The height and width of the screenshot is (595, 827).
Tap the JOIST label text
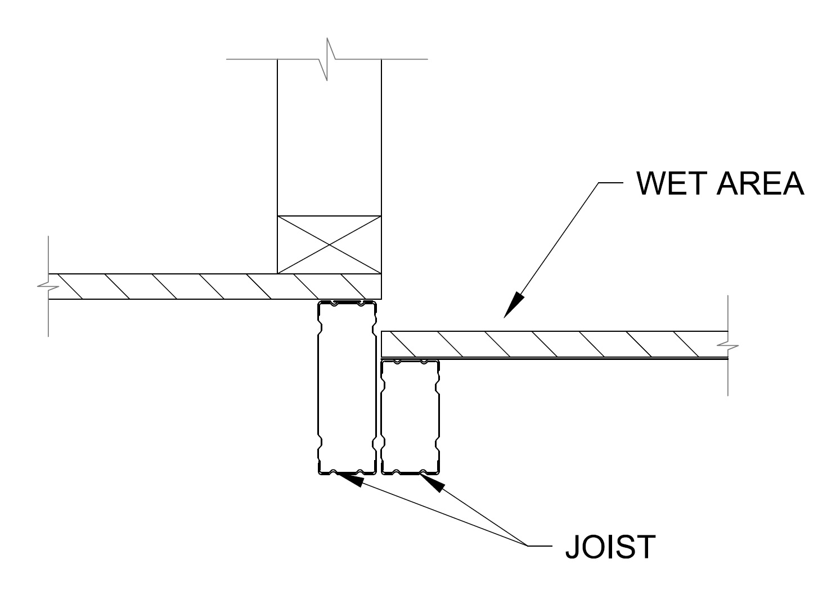[x=610, y=546]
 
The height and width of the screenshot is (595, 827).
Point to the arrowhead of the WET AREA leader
[x=511, y=307]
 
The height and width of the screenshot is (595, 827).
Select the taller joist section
[x=347, y=388]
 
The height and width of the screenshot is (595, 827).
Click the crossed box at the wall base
[x=329, y=244]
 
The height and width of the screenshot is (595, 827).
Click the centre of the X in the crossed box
[x=329, y=244]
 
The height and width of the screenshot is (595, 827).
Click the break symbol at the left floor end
[x=49, y=286]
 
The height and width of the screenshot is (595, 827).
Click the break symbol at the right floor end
[x=728, y=345]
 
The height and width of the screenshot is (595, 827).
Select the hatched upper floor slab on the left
[x=214, y=286]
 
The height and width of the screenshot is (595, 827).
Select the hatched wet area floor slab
[x=554, y=344]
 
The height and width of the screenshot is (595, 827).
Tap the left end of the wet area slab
[x=383, y=344]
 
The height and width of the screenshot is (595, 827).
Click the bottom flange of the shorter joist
[x=410, y=472]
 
